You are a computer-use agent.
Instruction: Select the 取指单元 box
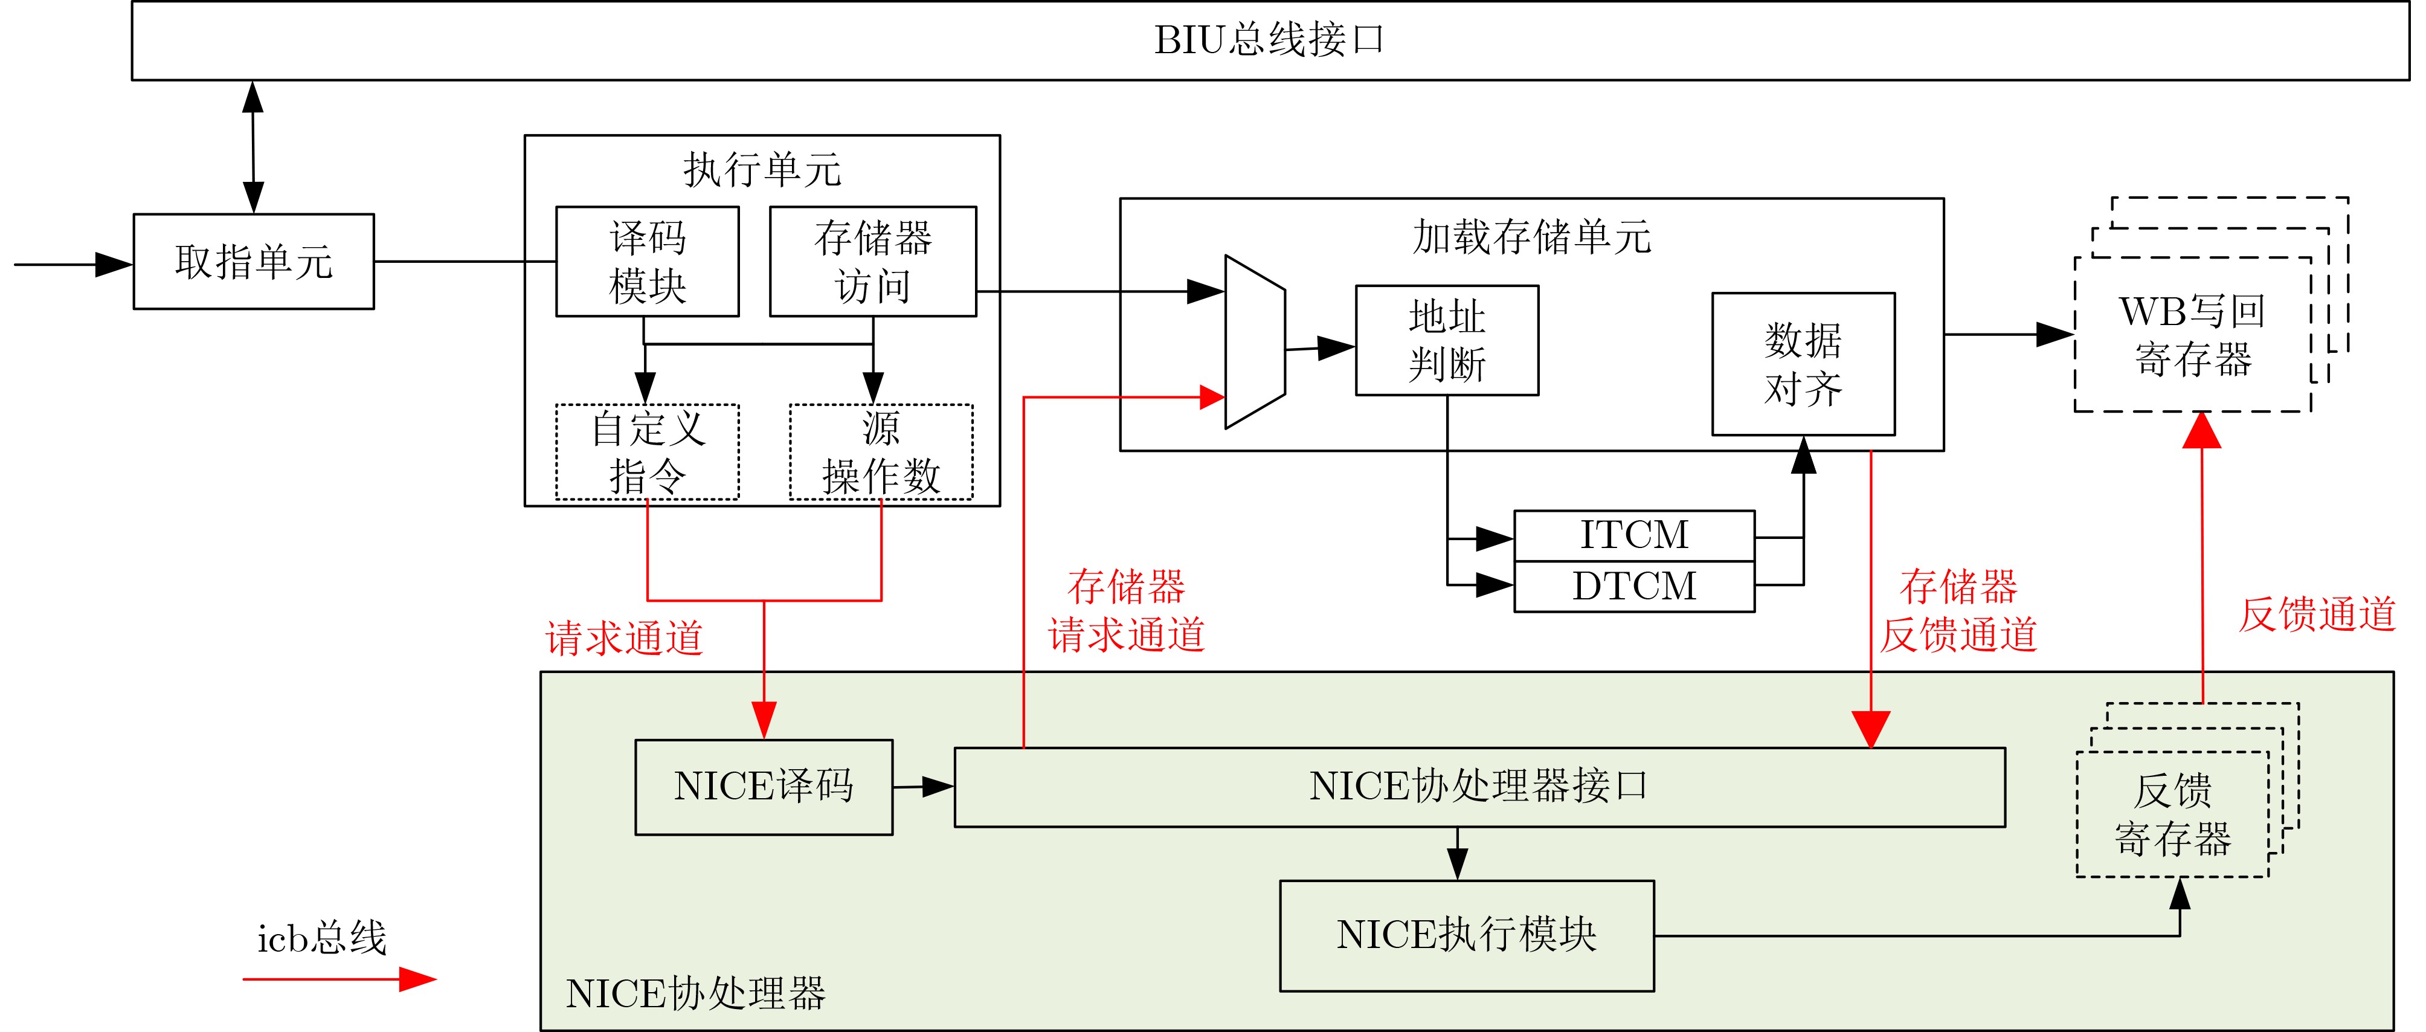pyautogui.click(x=253, y=262)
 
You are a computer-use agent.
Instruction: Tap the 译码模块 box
pyautogui.click(x=647, y=262)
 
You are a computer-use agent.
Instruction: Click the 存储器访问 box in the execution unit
pyautogui.click(x=872, y=262)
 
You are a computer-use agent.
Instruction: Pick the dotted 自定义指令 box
pyautogui.click(x=647, y=452)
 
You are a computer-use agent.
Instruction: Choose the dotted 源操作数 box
pyautogui.click(x=881, y=452)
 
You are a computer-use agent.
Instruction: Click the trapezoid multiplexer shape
pyautogui.click(x=1255, y=342)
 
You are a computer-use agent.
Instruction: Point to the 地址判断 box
pyautogui.click(x=1447, y=341)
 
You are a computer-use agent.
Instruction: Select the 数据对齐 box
pyautogui.click(x=1803, y=364)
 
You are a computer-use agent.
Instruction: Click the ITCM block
pyautogui.click(x=1634, y=536)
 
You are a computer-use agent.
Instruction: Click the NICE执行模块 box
pyautogui.click(x=1466, y=935)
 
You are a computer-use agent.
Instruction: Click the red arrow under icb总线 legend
pyautogui.click(x=339, y=979)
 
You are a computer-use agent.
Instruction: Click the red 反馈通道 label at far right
pyautogui.click(x=2317, y=615)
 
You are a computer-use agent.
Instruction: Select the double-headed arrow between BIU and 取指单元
pyautogui.click(x=253, y=147)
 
